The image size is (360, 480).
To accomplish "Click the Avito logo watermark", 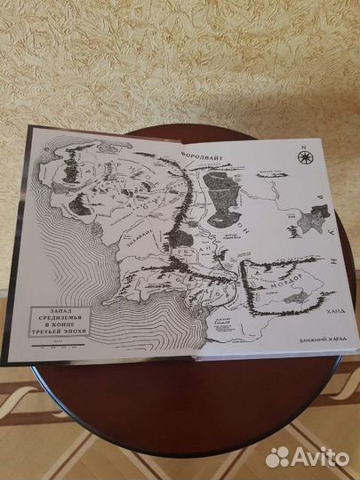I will (x=308, y=456).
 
